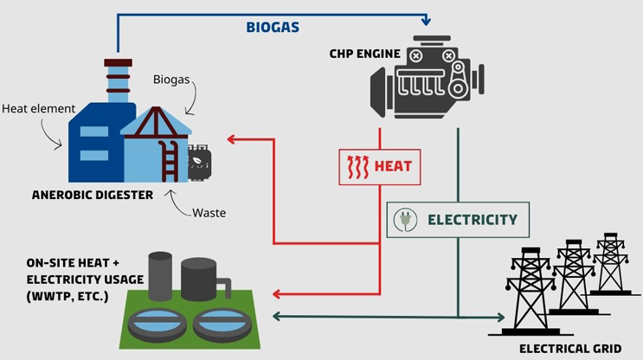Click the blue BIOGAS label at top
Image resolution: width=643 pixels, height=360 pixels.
[x=271, y=28]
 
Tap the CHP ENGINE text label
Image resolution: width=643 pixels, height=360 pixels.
[x=364, y=55]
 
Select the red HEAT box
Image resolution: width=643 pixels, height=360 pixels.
[x=380, y=166]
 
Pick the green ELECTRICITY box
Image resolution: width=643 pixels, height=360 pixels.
[x=458, y=219]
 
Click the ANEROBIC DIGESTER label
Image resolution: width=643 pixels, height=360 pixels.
[x=93, y=195]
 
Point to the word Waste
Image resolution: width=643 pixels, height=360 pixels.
[x=209, y=213]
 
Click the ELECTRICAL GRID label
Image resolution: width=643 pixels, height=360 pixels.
[x=569, y=349]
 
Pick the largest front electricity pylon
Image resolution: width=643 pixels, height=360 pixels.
[x=528, y=290]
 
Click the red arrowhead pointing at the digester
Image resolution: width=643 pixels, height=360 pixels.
[x=231, y=138]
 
